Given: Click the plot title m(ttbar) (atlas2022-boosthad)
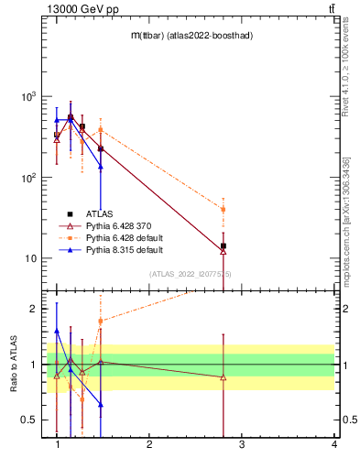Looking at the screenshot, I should click(x=190, y=35).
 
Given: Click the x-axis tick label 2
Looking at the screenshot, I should click(x=149, y=445).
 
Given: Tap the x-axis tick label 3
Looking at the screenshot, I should click(x=242, y=445).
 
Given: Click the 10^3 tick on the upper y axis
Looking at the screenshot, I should click(x=27, y=96).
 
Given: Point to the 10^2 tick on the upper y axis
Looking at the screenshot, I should click(x=27, y=178).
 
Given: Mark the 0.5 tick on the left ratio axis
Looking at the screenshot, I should click(x=29, y=420).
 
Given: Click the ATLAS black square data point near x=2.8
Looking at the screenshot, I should click(x=223, y=245).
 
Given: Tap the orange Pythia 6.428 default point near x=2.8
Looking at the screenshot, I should click(x=223, y=210).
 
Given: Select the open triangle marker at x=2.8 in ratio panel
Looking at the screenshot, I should click(x=223, y=377).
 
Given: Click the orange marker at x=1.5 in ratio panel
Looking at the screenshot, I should click(x=101, y=321).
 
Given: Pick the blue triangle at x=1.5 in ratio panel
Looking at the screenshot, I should click(x=101, y=404).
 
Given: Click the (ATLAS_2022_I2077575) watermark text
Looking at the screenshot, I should click(x=191, y=274).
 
